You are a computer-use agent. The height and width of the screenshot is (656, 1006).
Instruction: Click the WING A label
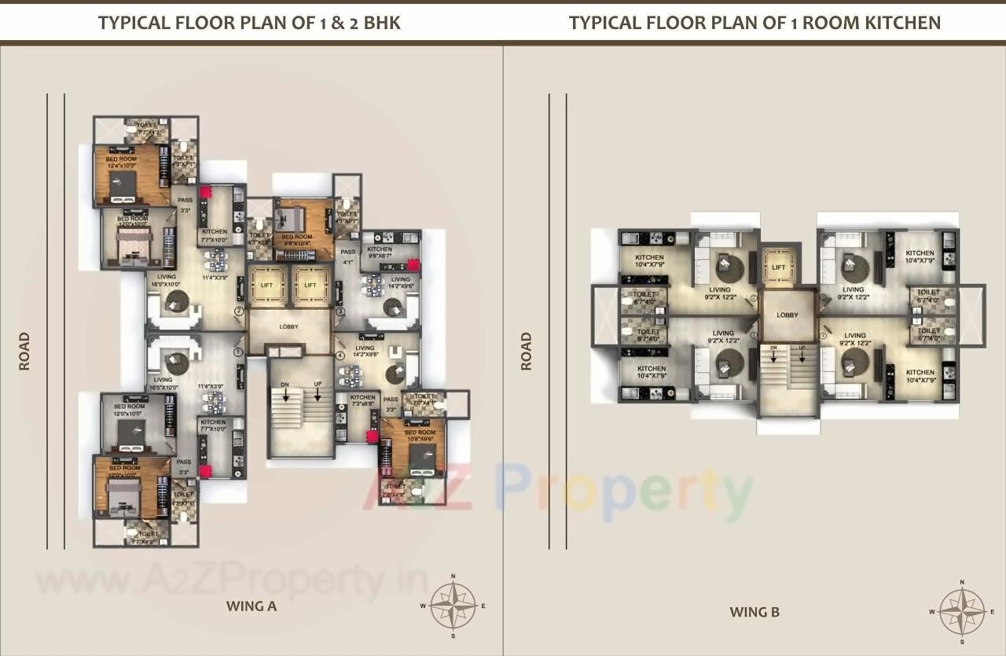251,606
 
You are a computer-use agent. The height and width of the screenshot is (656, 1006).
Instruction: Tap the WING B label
754,612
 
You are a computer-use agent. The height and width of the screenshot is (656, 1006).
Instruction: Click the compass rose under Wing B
963,611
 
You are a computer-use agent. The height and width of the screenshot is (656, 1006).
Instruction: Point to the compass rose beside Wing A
453,606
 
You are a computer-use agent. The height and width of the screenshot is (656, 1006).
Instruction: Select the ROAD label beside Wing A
24,351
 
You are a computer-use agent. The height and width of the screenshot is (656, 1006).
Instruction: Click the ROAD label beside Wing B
526,351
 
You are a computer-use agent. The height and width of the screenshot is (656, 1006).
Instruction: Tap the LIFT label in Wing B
778,267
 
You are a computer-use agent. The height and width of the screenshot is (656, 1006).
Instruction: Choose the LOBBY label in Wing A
289,326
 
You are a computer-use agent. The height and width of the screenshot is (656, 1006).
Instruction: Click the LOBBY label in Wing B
788,315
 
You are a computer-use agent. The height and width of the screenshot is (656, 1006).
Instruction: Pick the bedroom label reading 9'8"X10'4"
297,240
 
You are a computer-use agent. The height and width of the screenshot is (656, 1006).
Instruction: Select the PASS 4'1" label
348,257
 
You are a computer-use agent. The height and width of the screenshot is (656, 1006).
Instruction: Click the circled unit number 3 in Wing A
340,311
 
